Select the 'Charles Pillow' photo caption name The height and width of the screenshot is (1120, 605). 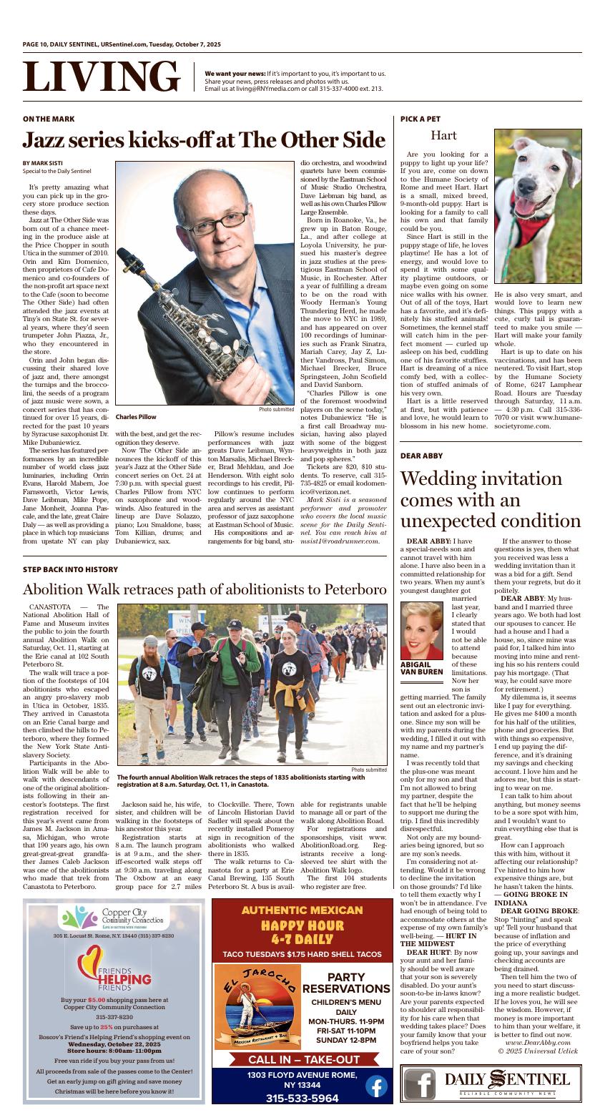pyautogui.click(x=135, y=417)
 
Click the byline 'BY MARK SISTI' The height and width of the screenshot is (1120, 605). pyautogui.click(x=42, y=163)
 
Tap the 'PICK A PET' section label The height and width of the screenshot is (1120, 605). pyautogui.click(x=420, y=119)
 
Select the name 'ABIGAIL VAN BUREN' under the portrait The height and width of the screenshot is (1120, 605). pyautogui.click(x=421, y=668)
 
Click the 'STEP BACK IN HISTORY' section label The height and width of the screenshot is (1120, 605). pyautogui.click(x=70, y=569)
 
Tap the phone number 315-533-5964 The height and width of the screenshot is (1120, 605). pyautogui.click(x=302, y=1098)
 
